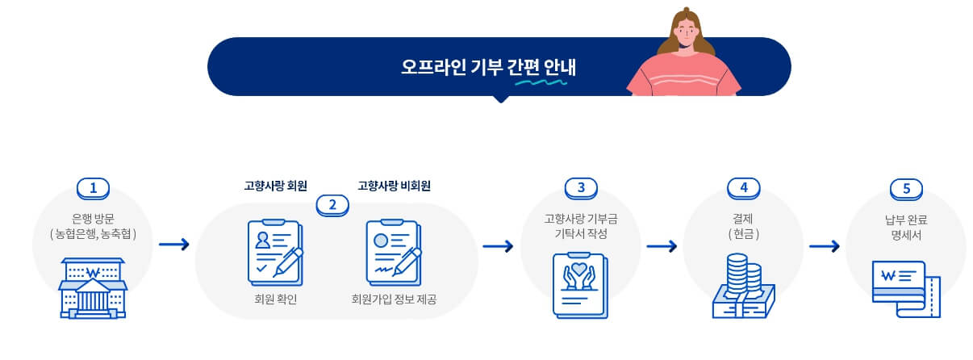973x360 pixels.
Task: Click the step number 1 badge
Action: click(x=93, y=188)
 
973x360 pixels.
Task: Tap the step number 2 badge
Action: click(x=332, y=204)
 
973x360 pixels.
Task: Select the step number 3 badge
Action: click(x=580, y=188)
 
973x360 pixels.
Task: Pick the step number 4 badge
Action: click(x=743, y=188)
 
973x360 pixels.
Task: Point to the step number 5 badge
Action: click(x=905, y=188)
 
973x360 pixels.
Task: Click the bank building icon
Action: click(x=93, y=287)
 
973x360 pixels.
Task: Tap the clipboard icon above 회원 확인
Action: click(x=275, y=251)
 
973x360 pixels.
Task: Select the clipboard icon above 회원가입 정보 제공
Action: click(x=394, y=251)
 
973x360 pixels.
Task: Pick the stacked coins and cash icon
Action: click(x=743, y=287)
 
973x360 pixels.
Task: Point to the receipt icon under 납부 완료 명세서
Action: click(x=906, y=287)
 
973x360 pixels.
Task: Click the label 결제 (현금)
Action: click(x=743, y=225)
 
